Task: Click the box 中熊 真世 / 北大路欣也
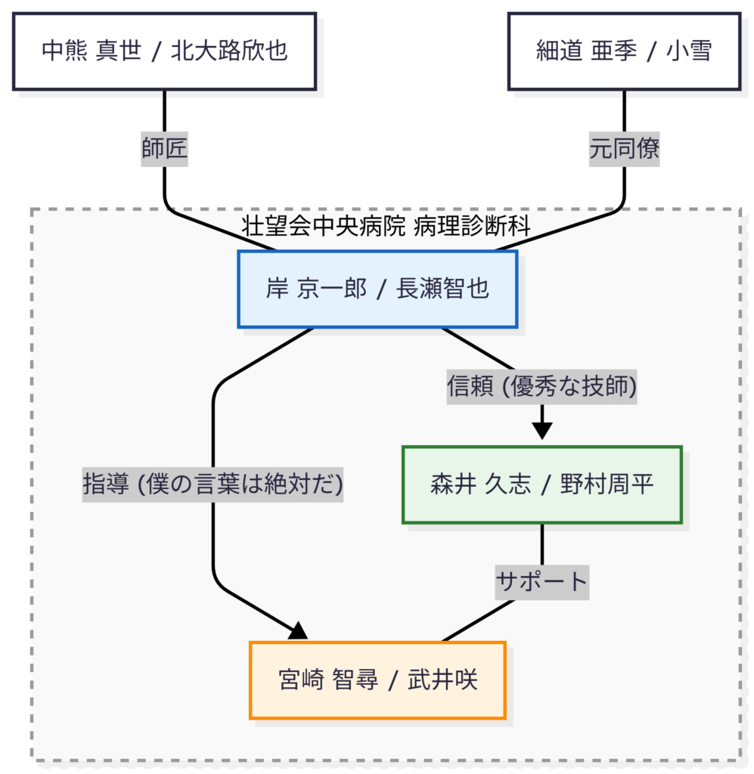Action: [x=164, y=51]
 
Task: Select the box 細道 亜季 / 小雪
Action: [x=623, y=51]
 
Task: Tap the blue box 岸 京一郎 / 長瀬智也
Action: [x=377, y=289]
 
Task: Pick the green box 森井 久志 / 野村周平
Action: [x=541, y=485]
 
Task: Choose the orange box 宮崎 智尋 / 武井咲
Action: [x=377, y=680]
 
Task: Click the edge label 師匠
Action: [x=164, y=149]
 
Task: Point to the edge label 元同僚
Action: [x=624, y=149]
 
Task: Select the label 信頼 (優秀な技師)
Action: [x=541, y=387]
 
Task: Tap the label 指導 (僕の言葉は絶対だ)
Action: [x=213, y=485]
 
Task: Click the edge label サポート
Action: [x=541, y=582]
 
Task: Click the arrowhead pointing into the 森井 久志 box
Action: [x=542, y=432]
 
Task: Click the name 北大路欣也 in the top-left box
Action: [x=229, y=51]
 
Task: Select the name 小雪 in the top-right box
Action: [x=688, y=51]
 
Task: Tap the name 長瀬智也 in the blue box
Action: [x=442, y=289]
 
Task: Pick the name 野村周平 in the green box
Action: [x=607, y=485]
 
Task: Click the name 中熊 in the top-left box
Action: [x=64, y=51]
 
